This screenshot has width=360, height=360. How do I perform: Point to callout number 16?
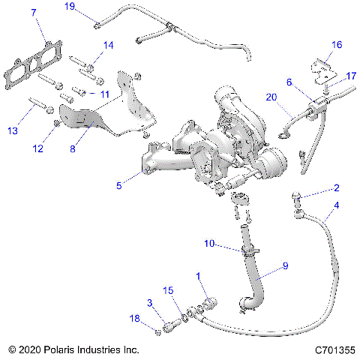click(x=337, y=45)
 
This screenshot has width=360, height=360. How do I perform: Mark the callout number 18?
click(x=135, y=319)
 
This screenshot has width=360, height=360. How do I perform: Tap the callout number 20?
click(x=271, y=97)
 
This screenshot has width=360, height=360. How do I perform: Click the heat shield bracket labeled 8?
click(x=86, y=120)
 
